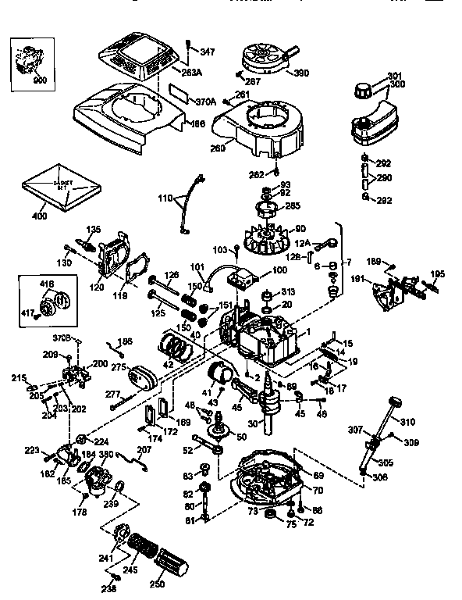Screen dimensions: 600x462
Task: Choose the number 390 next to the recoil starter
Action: [301, 73]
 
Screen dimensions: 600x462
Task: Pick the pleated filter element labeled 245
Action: [144, 546]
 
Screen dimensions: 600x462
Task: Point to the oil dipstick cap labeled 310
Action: [395, 403]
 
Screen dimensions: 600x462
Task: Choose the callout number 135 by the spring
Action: [93, 229]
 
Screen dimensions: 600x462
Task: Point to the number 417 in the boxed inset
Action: [27, 314]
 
